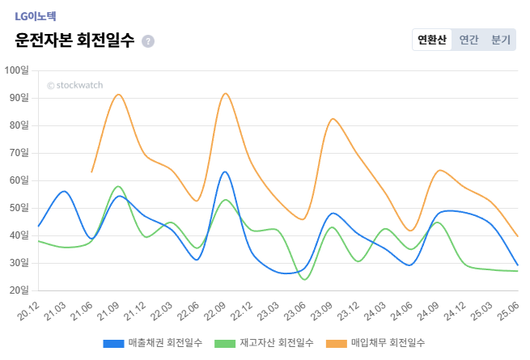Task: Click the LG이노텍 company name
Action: (x=35, y=16)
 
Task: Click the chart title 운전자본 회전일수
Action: (x=74, y=40)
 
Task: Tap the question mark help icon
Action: (x=147, y=41)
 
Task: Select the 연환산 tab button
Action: (x=431, y=40)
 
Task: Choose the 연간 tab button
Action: (x=469, y=40)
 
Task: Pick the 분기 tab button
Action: (x=500, y=40)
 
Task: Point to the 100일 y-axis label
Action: (x=16, y=70)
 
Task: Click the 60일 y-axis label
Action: (x=18, y=180)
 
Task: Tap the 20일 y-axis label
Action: (x=18, y=290)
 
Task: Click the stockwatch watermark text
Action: (x=74, y=84)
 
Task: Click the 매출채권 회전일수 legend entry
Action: (x=153, y=343)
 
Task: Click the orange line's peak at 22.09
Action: (x=225, y=93)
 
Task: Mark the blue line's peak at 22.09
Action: (x=224, y=172)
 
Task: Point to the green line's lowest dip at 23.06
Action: (x=304, y=279)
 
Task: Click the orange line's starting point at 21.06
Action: (x=91, y=172)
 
